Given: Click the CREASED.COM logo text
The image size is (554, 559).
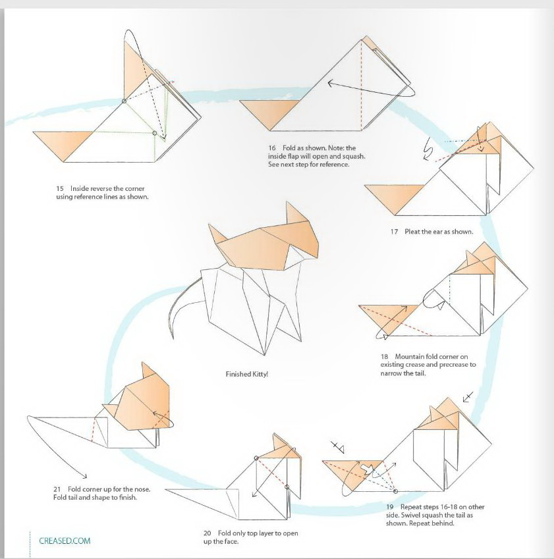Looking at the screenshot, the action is click(65, 541).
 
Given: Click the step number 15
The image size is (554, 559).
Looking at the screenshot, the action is click(59, 188).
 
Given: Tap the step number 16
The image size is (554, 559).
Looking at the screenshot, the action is click(272, 148).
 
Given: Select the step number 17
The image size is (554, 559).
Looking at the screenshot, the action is click(394, 232).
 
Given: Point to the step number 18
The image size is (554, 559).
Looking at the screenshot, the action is click(384, 356).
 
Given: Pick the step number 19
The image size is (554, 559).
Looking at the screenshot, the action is click(389, 507).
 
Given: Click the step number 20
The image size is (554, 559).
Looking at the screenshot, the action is click(208, 533).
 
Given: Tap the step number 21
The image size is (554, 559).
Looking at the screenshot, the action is click(57, 489).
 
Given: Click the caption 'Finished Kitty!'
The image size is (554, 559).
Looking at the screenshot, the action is click(247, 375).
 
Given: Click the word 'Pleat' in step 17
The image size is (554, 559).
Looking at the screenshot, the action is click(413, 232).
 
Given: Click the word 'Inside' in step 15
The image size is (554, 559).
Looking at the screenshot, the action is click(80, 188).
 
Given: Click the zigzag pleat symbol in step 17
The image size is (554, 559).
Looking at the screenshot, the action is click(428, 149).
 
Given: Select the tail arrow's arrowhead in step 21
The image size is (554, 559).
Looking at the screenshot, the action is click(84, 476).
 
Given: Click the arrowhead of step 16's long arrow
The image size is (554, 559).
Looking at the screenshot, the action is click(330, 84).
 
